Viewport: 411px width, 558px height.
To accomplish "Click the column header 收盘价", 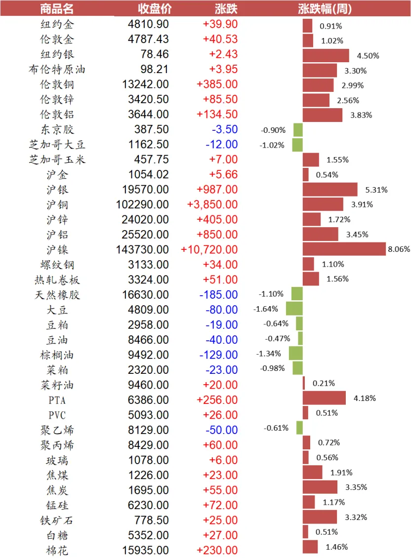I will [x=155, y=8].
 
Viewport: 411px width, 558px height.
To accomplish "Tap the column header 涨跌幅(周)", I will [x=325, y=8].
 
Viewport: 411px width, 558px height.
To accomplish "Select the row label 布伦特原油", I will [x=57, y=69].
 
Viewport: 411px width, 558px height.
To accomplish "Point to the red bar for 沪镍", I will [x=344, y=249].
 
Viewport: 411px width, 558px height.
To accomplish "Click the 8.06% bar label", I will [x=399, y=249].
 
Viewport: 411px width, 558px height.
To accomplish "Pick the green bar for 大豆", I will [x=294, y=309].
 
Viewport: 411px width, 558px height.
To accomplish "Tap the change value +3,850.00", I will [x=212, y=204].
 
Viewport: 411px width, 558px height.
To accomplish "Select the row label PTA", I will [x=57, y=400].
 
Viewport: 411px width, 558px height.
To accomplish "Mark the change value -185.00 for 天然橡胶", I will [x=218, y=295].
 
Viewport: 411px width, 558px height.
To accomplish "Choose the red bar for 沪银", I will [x=330, y=189].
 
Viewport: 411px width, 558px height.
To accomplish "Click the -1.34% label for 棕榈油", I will [x=269, y=354].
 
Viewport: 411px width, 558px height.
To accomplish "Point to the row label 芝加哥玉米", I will [x=57, y=159].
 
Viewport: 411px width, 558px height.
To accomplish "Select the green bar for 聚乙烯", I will [x=299, y=428].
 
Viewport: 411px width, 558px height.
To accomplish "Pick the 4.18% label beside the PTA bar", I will [x=365, y=398].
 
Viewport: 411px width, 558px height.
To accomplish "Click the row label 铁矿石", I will [x=57, y=520].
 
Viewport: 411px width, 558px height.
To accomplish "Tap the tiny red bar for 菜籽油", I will [x=304, y=383].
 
